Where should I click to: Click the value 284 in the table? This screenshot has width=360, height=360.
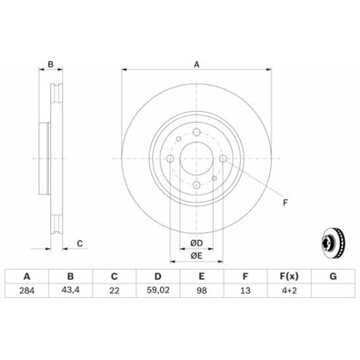[x=27, y=291]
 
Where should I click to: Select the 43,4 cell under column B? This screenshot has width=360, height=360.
[x=70, y=291]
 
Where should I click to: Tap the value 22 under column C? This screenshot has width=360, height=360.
[x=114, y=291]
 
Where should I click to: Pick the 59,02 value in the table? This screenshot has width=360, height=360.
[x=158, y=291]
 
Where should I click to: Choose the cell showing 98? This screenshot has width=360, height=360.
[x=202, y=291]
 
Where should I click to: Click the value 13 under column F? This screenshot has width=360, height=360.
[x=245, y=291]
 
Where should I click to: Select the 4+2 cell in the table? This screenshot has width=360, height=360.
[x=289, y=291]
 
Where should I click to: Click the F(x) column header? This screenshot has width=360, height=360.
[x=289, y=276]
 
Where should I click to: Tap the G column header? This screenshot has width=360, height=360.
[x=332, y=276]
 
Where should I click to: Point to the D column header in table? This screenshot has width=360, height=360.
[x=158, y=276]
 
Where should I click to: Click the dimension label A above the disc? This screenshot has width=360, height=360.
[x=197, y=65]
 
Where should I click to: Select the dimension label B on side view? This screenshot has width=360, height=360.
[x=50, y=65]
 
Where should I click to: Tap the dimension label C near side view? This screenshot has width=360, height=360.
[x=79, y=244]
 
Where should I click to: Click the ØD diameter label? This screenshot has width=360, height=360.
[x=196, y=243]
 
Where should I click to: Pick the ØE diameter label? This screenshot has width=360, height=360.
[x=196, y=255]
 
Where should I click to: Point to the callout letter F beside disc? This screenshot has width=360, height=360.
[x=285, y=202]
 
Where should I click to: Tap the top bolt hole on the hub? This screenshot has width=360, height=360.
[x=196, y=133]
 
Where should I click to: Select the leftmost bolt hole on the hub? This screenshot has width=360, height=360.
[x=170, y=159]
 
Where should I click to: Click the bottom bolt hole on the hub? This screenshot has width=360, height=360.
[x=196, y=185]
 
